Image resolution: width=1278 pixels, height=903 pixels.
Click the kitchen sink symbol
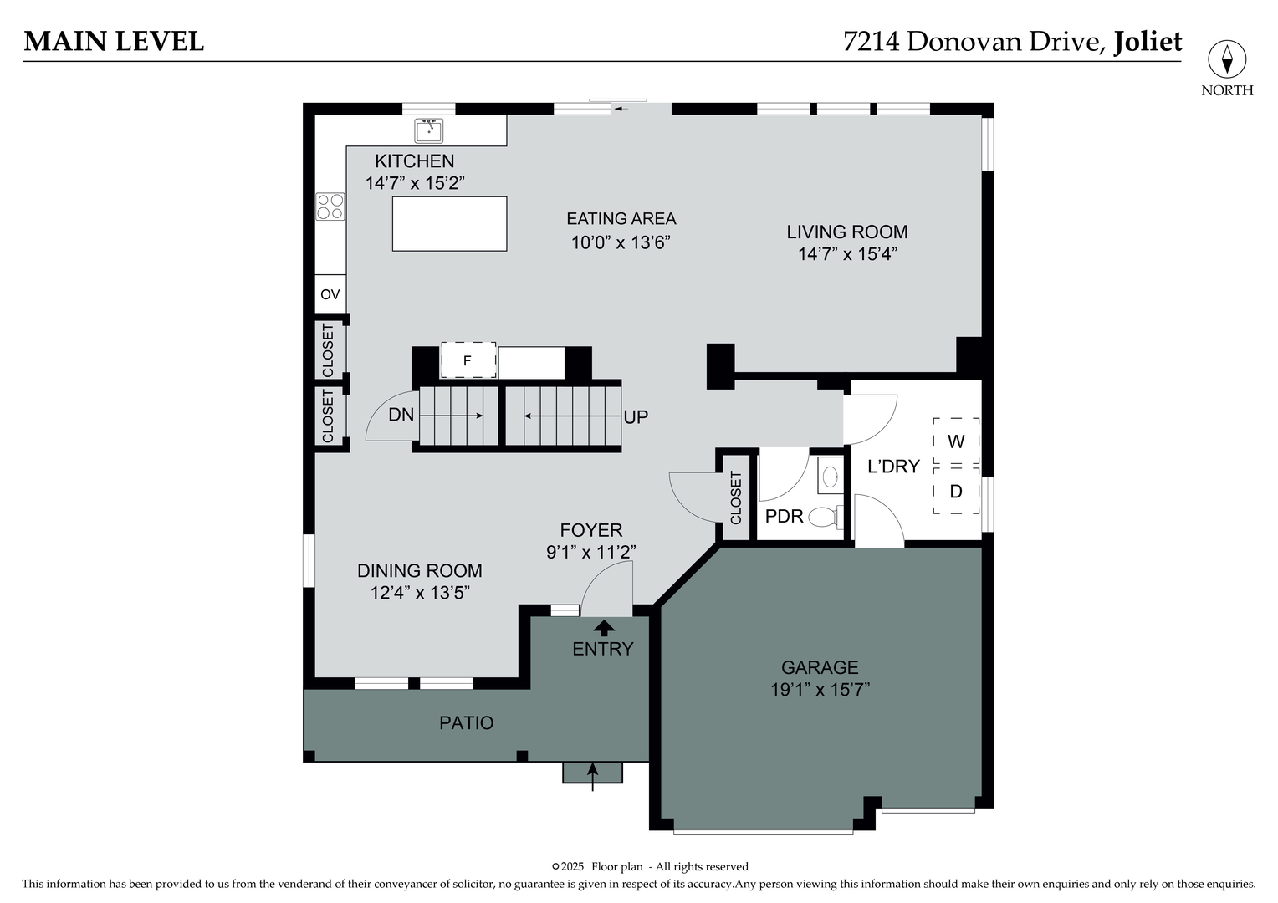429,130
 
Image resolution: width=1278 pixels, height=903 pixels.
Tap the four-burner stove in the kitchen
330,207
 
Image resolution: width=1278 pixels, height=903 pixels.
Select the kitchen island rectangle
449,223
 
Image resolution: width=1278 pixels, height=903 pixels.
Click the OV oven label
330,294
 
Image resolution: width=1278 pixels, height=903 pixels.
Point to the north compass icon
1227,60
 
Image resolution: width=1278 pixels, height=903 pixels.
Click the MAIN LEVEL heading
114,41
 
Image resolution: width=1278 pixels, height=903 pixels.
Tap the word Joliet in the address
1147,41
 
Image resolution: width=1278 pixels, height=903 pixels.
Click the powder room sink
830,477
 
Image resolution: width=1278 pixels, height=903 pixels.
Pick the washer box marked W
956,441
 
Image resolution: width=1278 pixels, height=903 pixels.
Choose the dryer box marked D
956,492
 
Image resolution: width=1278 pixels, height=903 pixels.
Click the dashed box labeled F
468,360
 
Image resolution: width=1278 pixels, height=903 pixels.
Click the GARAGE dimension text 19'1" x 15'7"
820,690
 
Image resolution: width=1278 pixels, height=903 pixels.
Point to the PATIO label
467,722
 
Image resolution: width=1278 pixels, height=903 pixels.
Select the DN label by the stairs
401,414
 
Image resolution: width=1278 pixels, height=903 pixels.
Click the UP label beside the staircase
636,416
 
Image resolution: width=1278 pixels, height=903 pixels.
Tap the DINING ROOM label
419,570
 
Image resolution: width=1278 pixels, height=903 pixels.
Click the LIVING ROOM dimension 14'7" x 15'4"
846,254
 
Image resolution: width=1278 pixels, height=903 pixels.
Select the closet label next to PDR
736,497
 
